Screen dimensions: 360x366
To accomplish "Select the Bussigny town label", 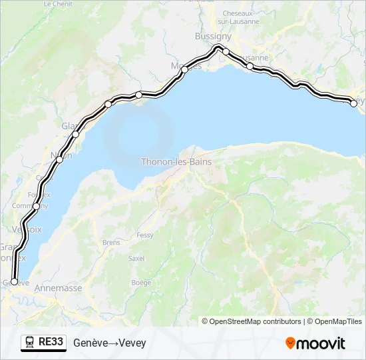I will (x=213, y=36).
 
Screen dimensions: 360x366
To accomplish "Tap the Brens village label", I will (x=111, y=243).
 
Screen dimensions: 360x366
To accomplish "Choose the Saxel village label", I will (x=136, y=258).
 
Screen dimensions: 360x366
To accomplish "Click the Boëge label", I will (x=141, y=282).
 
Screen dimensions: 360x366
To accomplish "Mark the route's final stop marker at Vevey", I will (x=353, y=103).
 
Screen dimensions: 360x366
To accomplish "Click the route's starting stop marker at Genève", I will (x=15, y=282).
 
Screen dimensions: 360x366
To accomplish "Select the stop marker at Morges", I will (x=184, y=69).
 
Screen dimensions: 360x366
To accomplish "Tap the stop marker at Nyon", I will (x=60, y=159).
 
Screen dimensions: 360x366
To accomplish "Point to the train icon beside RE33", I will (x=30, y=343).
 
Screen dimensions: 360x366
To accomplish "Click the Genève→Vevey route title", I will (x=109, y=343).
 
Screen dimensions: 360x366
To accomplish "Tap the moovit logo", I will (x=315, y=343).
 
